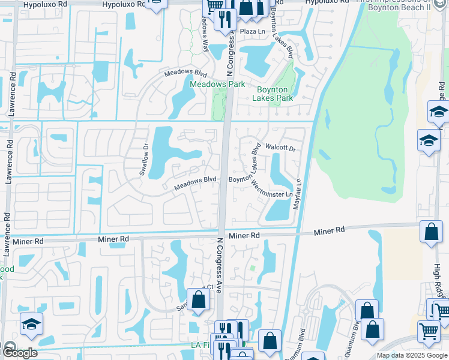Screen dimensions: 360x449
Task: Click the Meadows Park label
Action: (x=217, y=85)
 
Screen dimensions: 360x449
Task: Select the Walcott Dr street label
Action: (x=281, y=148)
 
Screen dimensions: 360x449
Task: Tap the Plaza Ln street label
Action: (x=252, y=31)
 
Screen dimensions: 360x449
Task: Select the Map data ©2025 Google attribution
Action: (x=412, y=355)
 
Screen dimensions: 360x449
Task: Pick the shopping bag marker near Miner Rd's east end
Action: (x=431, y=232)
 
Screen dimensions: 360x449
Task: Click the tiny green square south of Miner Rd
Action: (x=253, y=268)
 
